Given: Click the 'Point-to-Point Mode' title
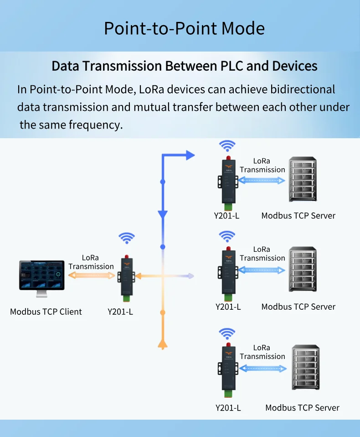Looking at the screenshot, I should click(184, 28).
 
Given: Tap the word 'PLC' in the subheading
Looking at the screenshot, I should click(232, 66).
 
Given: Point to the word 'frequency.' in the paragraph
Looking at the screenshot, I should click(96, 125).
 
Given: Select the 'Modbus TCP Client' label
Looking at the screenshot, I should click(46, 312).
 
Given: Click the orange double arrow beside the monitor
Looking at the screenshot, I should click(92, 276).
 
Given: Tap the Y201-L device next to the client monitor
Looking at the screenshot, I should click(126, 277).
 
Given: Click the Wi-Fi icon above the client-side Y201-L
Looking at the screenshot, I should click(127, 238).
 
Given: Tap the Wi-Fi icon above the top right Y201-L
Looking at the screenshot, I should click(227, 146).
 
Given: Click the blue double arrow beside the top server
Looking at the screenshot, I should click(262, 181).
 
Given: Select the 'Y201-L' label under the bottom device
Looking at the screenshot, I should click(228, 407).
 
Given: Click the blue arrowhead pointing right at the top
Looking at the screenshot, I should click(190, 155).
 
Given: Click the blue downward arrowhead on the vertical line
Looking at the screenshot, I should click(163, 214).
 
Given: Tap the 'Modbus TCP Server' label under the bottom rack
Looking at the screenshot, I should click(302, 407).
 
